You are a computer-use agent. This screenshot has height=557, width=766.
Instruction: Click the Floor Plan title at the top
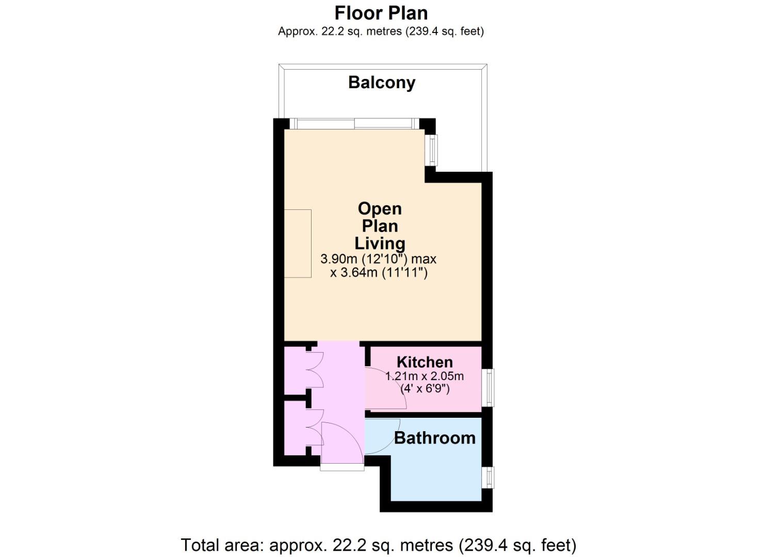(381, 12)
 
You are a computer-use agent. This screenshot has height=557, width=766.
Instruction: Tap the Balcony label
(382, 83)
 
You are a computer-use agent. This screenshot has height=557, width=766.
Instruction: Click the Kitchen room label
(425, 362)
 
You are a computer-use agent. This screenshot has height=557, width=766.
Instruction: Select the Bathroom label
(435, 438)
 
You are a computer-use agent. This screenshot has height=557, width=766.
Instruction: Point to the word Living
(380, 243)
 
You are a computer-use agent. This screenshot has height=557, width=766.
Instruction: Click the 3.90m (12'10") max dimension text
(379, 258)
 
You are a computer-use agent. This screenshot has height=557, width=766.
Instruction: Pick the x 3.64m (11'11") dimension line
(379, 272)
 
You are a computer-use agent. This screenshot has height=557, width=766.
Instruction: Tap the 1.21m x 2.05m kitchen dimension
(425, 376)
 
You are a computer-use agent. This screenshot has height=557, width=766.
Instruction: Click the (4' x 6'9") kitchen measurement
(425, 388)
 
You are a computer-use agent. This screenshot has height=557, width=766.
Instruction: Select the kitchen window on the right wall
(487, 387)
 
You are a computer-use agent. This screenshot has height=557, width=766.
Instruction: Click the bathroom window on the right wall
(488, 477)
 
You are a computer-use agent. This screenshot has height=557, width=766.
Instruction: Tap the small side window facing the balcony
(431, 150)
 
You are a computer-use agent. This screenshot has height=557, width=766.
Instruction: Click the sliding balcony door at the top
(354, 124)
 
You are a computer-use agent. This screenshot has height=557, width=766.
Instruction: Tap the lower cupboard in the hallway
(296, 428)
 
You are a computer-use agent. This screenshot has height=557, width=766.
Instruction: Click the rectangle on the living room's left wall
(298, 243)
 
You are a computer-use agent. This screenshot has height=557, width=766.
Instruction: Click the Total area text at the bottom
(379, 545)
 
